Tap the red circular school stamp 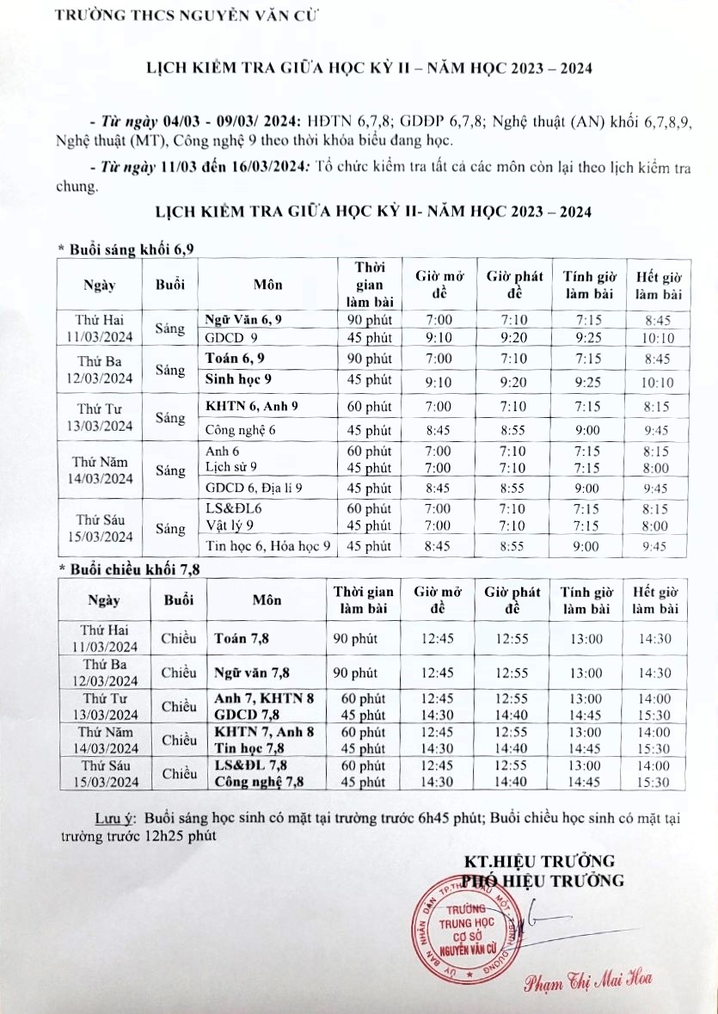(x=471, y=933)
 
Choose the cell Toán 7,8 (x=243, y=639)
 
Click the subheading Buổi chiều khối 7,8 (x=130, y=568)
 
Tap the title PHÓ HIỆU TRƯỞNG (x=542, y=880)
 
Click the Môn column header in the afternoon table (x=267, y=600)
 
